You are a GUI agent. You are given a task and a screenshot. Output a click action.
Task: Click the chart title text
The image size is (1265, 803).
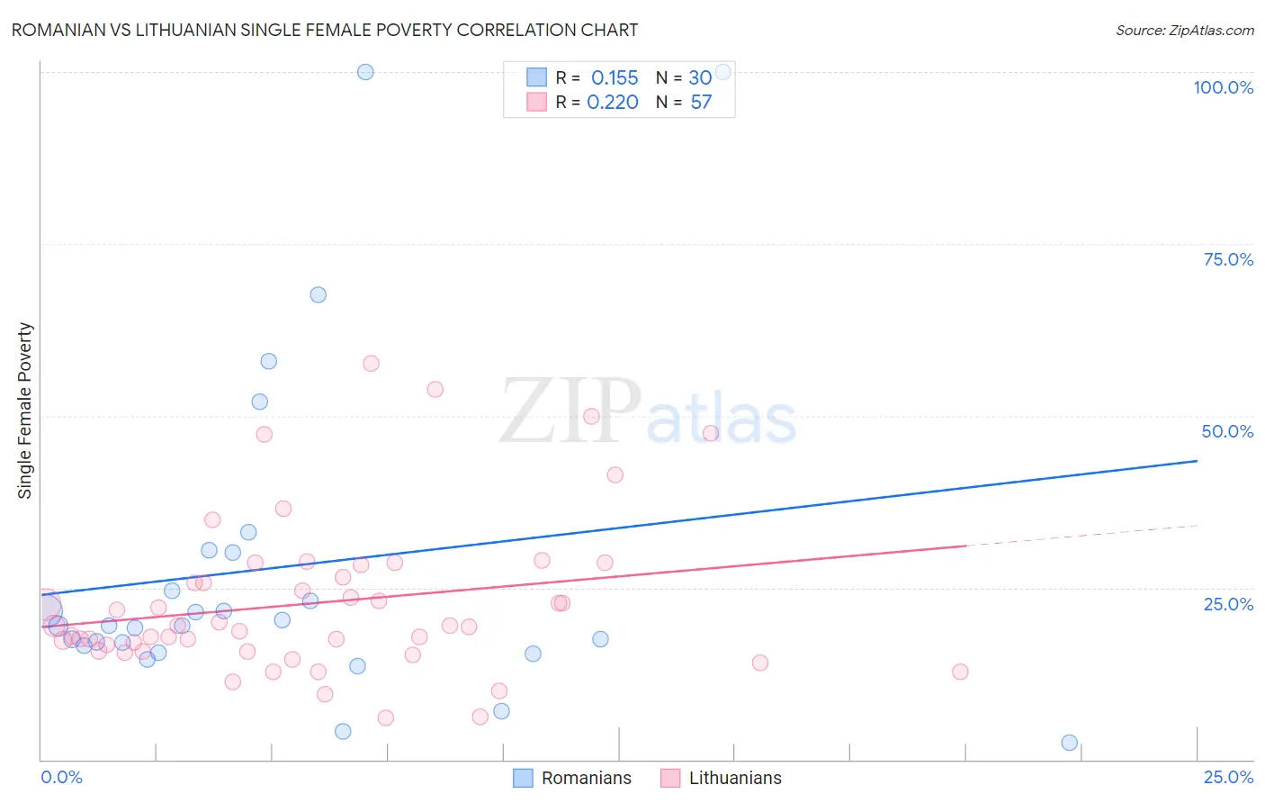[x=325, y=30]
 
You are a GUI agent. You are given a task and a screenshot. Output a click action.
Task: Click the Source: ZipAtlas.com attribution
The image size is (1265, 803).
[x=1184, y=30]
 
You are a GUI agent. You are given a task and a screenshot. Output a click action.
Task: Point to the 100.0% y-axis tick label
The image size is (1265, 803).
[x=1223, y=87]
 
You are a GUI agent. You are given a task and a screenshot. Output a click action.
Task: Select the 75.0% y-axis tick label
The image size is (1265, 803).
[x=1228, y=259]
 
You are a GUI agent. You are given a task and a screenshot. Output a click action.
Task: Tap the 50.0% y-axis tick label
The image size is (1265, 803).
[x=1227, y=431]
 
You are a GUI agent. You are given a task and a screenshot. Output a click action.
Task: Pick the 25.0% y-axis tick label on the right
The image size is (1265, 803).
[x=1228, y=603]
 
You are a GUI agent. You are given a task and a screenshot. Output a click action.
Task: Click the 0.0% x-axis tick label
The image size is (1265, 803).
[x=61, y=777]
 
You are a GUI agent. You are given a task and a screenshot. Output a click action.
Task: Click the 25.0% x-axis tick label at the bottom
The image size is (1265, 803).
[x=1228, y=777]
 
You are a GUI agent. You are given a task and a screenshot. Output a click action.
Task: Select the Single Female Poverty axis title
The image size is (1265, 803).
[x=25, y=411]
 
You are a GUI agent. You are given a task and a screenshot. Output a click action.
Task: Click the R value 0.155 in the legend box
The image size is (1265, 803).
[x=615, y=78]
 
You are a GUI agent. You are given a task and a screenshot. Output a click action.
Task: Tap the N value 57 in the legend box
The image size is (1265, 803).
[x=701, y=103]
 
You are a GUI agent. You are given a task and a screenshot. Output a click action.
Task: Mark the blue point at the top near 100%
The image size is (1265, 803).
[x=365, y=72]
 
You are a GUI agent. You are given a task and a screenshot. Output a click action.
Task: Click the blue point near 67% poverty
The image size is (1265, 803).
[x=318, y=294]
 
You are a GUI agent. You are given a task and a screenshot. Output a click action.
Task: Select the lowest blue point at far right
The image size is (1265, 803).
[x=1069, y=743]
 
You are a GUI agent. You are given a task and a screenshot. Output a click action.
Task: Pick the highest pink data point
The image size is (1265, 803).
[x=371, y=364]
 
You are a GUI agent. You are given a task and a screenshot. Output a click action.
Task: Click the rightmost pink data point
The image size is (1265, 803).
[x=960, y=672]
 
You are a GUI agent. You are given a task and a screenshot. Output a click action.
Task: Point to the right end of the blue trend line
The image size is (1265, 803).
[x=1197, y=461]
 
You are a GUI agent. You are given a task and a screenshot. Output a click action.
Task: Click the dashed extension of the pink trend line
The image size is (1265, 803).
[x=1080, y=536]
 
